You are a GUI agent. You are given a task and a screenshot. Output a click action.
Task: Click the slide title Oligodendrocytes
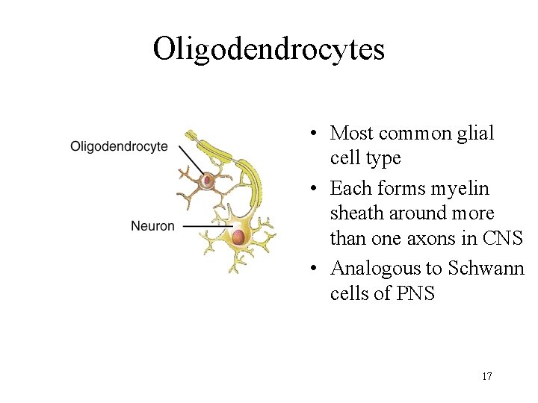point(268,49)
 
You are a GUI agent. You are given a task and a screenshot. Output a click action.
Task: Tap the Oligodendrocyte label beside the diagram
point(119,147)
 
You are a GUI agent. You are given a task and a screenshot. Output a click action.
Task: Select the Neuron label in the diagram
point(152,226)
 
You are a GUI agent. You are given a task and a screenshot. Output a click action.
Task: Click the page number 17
point(486,376)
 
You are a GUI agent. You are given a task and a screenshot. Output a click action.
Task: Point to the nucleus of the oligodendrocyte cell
point(207,180)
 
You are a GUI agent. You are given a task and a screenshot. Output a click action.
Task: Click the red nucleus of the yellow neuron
point(238,237)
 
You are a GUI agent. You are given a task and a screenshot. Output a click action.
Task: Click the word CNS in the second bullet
point(503,240)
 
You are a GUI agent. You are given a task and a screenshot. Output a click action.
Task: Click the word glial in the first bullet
point(476,133)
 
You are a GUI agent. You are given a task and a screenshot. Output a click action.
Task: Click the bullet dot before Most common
point(318,134)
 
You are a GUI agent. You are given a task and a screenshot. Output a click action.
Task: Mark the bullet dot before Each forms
point(318,187)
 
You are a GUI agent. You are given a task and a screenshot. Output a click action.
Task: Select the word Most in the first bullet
point(352,133)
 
